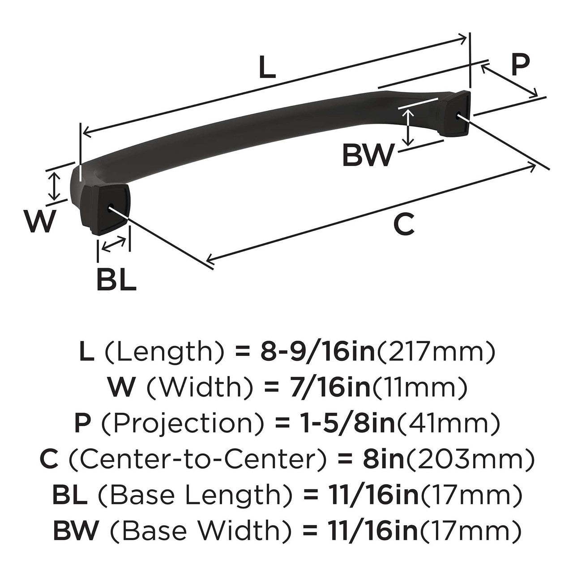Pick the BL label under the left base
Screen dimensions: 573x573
(x=116, y=281)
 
